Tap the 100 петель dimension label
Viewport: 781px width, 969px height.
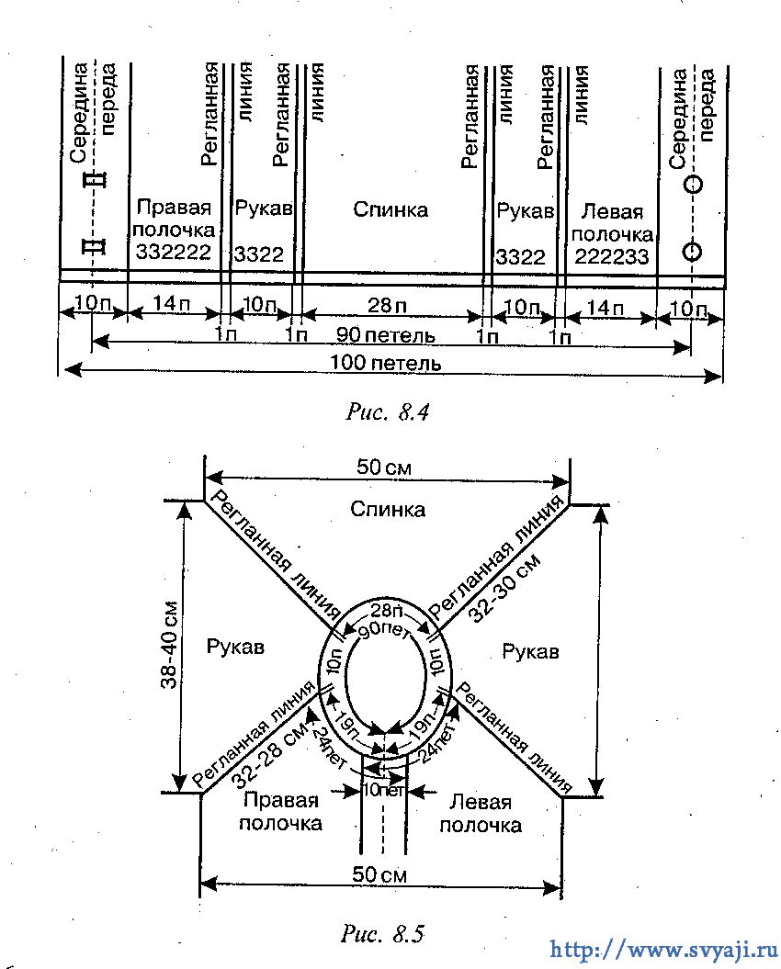(386, 363)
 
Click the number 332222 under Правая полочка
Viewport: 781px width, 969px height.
(173, 253)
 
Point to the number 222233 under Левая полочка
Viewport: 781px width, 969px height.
(612, 255)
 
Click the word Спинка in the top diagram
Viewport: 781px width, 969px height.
(390, 209)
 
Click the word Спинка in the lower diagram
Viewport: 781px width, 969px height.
(388, 509)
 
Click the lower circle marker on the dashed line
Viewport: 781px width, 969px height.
(693, 251)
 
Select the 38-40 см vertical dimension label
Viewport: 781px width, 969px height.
(169, 645)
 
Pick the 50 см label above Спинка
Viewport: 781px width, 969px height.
(383, 467)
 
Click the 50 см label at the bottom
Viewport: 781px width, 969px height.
(379, 874)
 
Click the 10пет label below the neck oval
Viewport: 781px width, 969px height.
(383, 790)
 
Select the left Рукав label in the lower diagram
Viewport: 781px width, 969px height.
(235, 647)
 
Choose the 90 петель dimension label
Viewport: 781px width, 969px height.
(385, 335)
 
